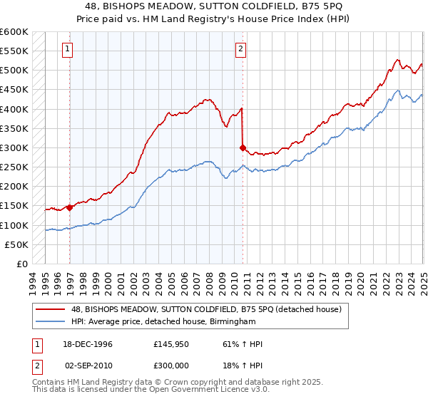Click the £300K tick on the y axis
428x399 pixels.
pos(14,147)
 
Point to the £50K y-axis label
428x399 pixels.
pos(16,244)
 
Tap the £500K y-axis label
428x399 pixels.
pos(14,71)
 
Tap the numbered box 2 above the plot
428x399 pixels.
pos(241,49)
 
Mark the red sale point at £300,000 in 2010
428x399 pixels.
pos(243,148)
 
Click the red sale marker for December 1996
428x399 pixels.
pos(70,207)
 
